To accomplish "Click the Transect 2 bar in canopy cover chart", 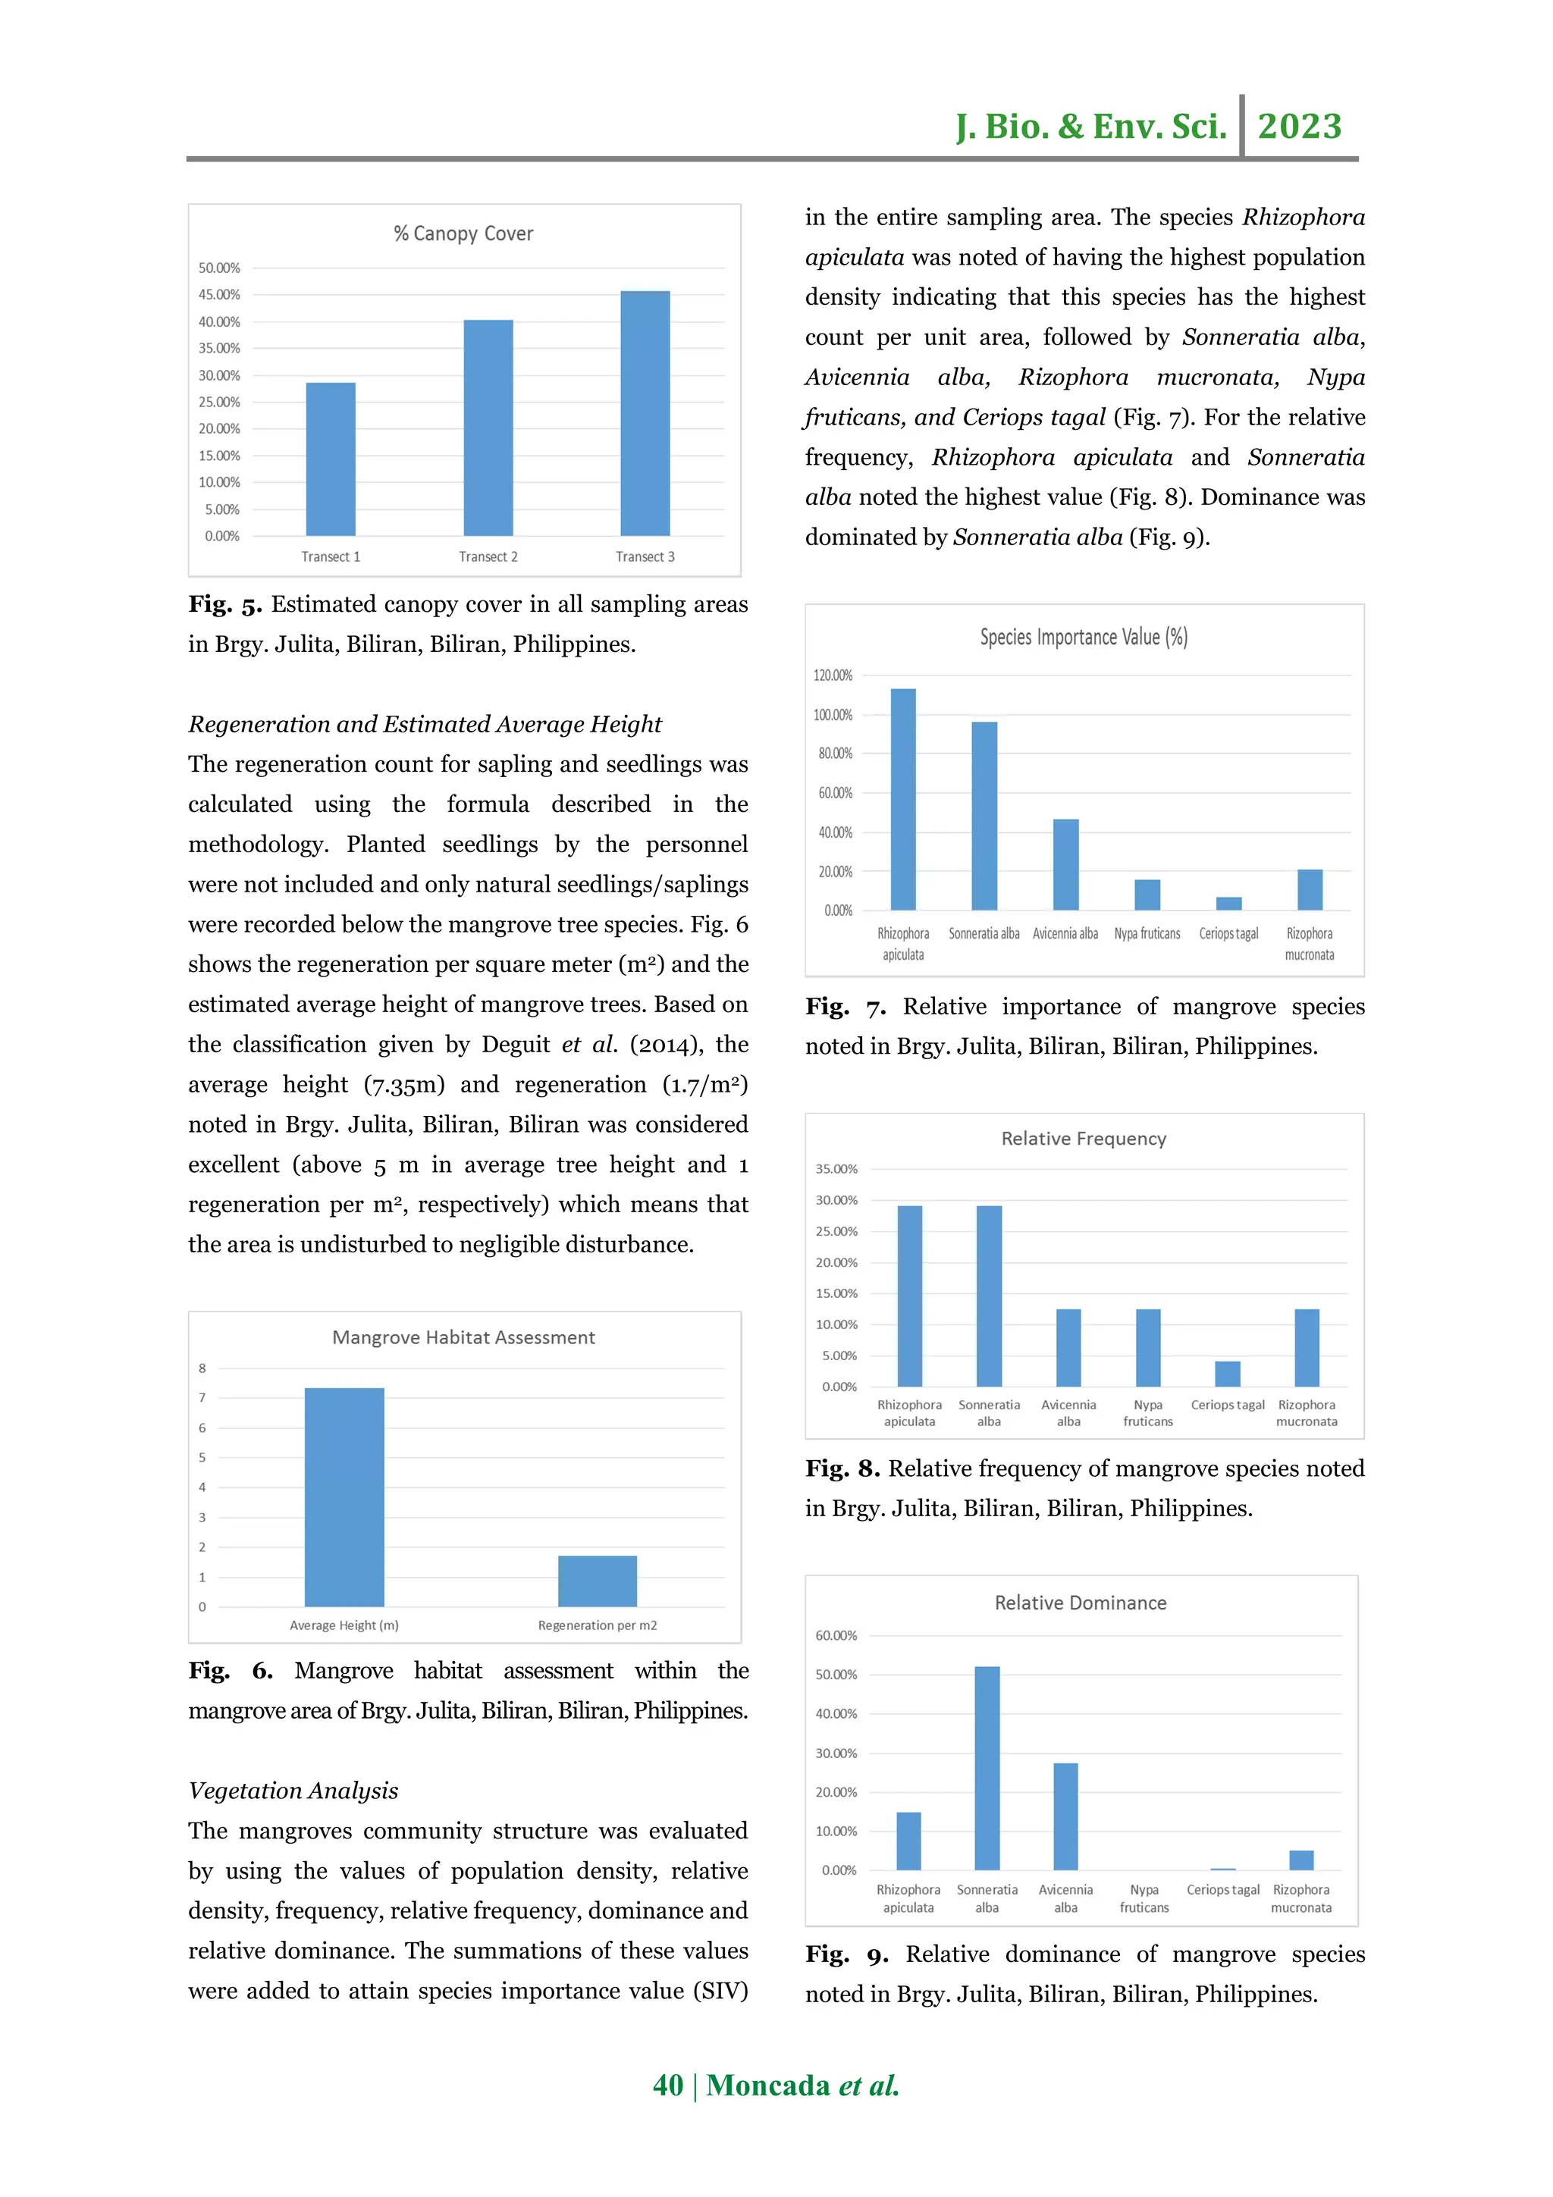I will tap(488, 428).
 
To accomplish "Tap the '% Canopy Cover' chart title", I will tap(463, 233).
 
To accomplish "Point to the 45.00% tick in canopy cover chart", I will tap(219, 295).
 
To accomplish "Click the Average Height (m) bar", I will tap(344, 1497).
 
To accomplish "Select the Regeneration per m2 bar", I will tap(597, 1581).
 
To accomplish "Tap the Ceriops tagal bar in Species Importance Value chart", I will tap(1228, 904).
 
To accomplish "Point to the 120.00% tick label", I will tap(833, 675).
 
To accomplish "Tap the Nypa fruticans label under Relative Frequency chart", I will tap(1147, 1413).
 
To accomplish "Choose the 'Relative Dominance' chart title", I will tap(1081, 1603).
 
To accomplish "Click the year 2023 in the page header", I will tap(1300, 127).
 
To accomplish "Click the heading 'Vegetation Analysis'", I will tap(293, 1791).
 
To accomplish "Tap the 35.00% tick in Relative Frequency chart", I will tap(836, 1169).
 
